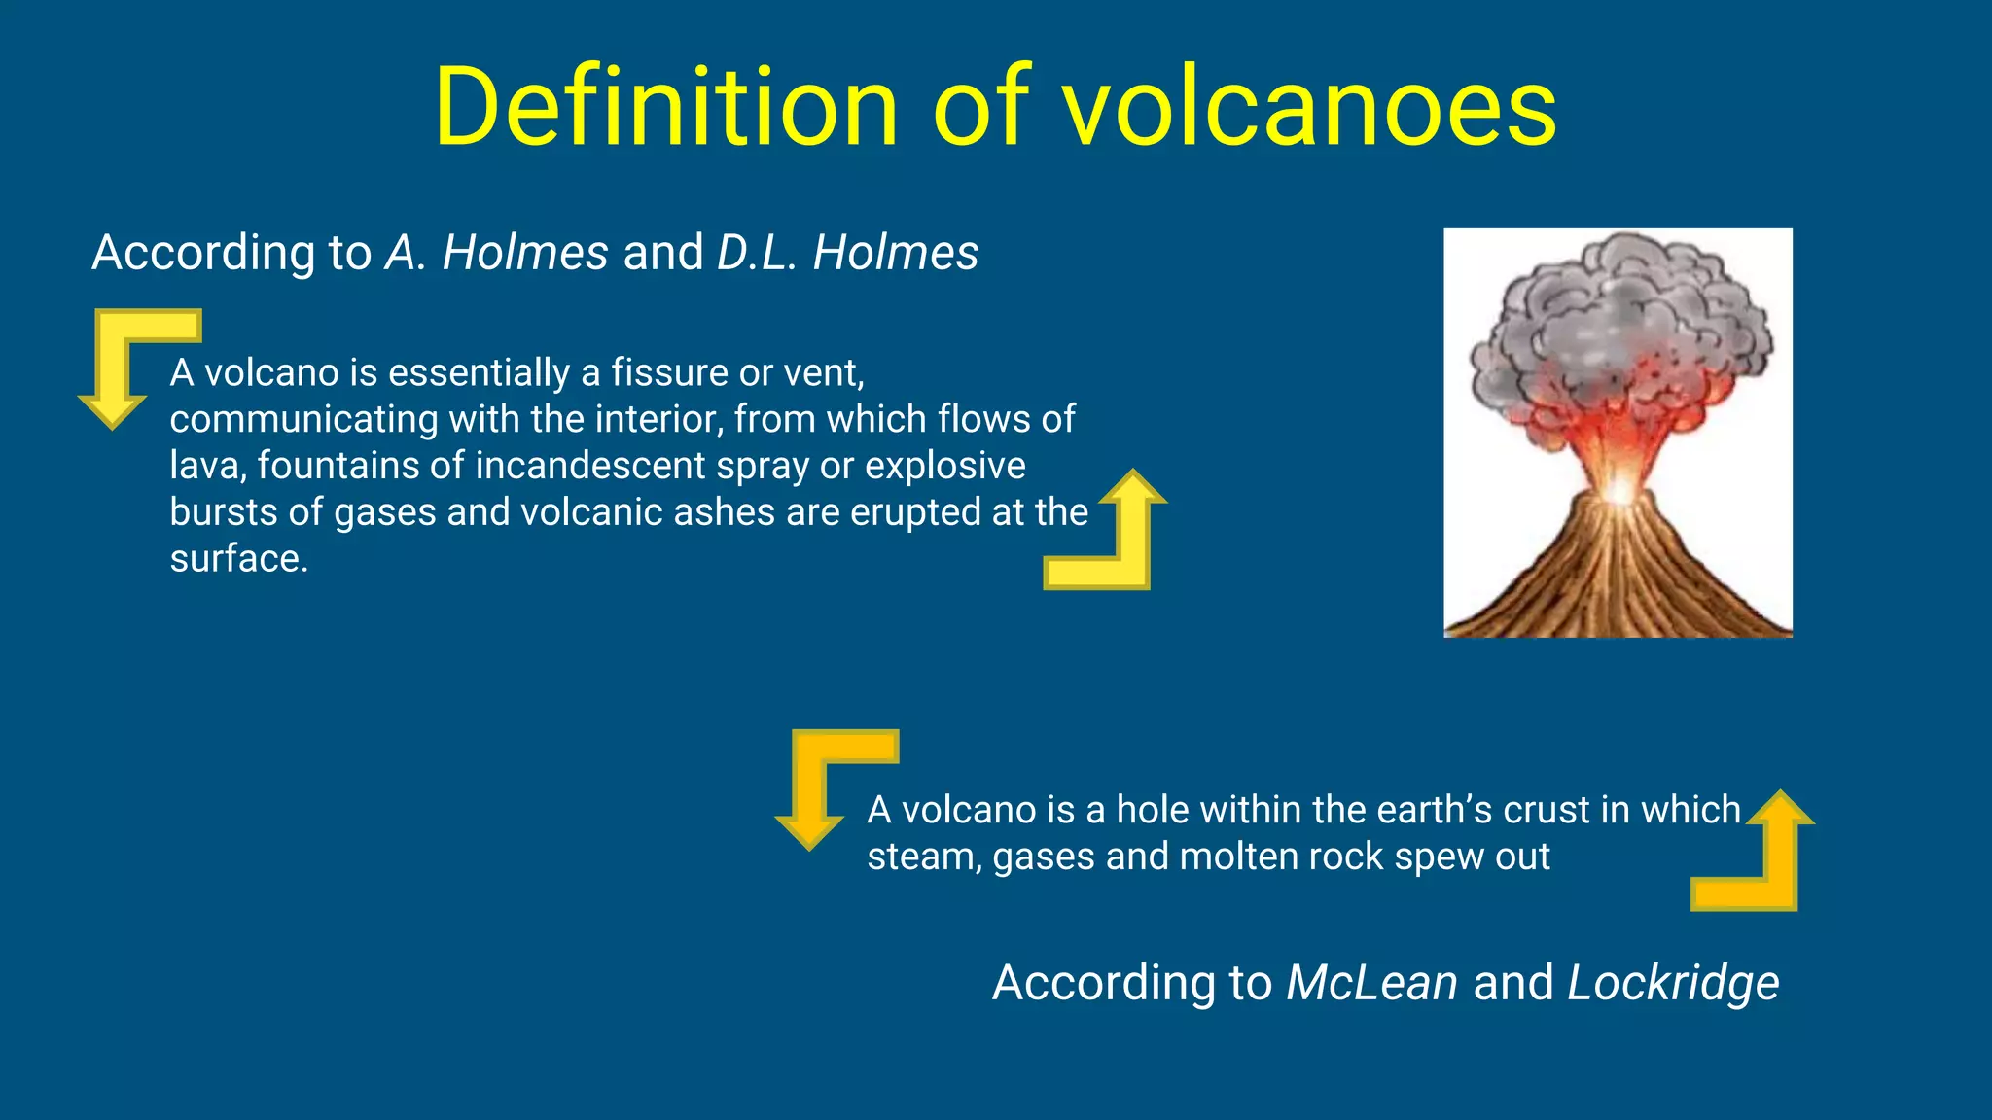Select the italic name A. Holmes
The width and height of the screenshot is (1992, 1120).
point(497,253)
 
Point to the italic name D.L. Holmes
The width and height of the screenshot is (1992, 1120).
point(847,253)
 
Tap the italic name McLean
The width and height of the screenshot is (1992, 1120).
point(1371,983)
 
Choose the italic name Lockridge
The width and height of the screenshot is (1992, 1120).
point(1673,983)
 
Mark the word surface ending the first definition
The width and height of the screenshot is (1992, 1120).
point(237,559)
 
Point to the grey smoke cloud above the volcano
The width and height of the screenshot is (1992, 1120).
point(1619,311)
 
